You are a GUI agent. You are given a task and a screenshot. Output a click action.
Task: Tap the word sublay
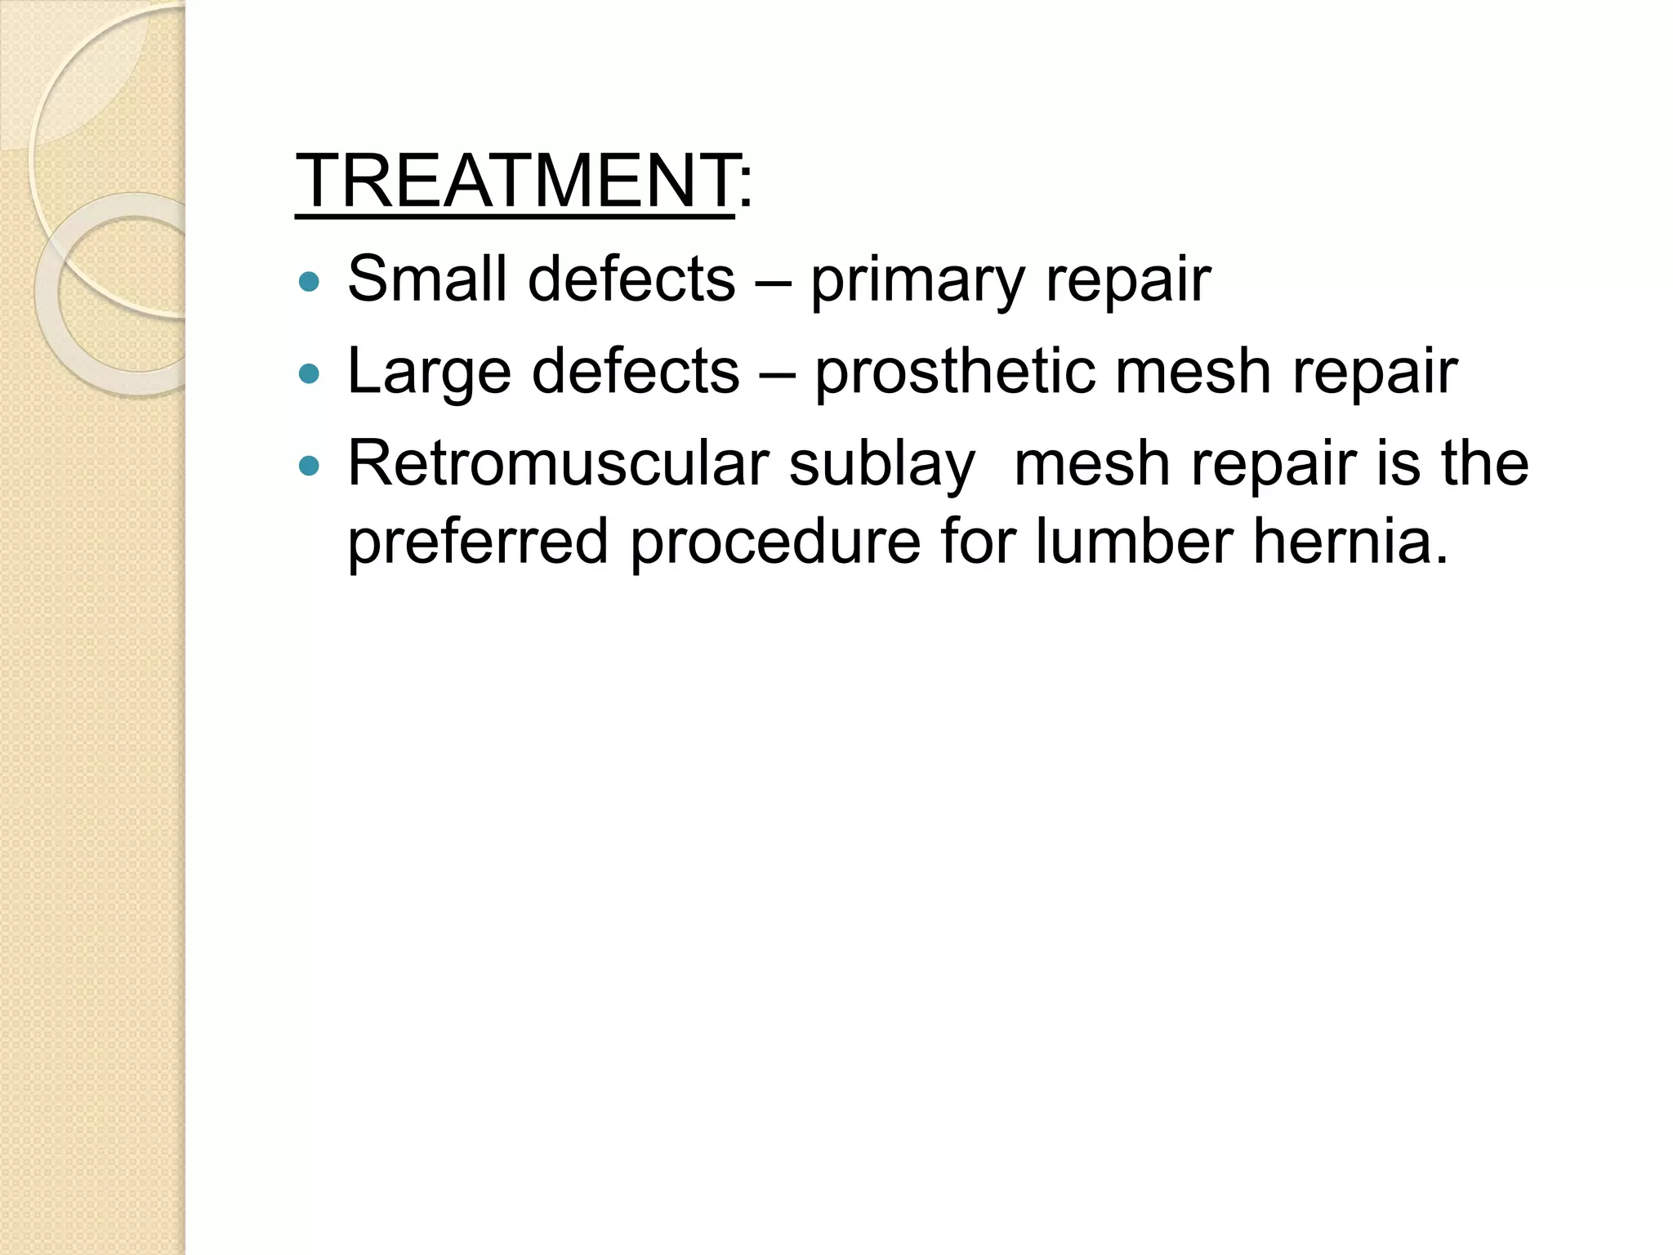[x=882, y=465]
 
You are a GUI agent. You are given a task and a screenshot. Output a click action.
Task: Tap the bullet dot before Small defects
[x=309, y=283]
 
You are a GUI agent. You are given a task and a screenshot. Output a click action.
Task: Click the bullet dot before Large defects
[x=309, y=375]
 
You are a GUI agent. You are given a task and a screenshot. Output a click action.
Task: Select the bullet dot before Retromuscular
[x=309, y=466]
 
